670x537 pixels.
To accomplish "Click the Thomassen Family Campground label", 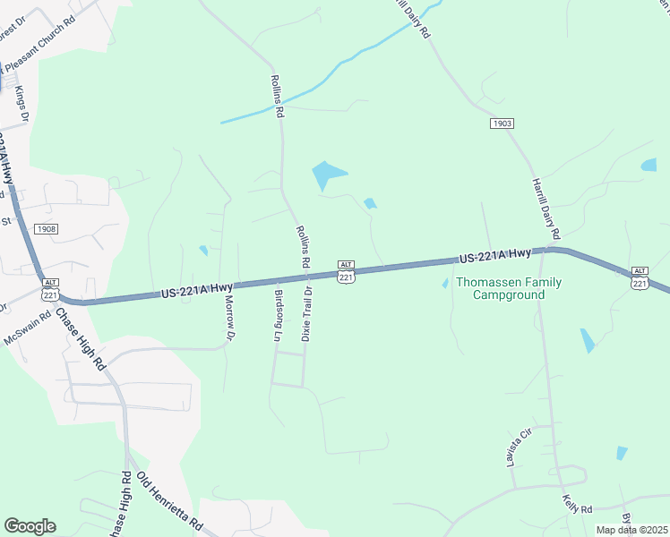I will (509, 288).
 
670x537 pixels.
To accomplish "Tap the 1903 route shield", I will (502, 123).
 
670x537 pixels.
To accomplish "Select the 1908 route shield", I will (47, 229).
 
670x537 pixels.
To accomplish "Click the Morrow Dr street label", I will (228, 319).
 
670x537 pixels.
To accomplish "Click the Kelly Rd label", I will (577, 504).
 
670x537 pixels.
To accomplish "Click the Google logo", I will (30, 526).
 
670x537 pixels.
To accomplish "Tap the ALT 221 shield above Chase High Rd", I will (50, 289).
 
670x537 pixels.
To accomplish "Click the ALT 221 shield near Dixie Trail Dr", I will (347, 272).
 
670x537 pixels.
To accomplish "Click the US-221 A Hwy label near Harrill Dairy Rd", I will (494, 257).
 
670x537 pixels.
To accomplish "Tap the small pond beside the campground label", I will (445, 284).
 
